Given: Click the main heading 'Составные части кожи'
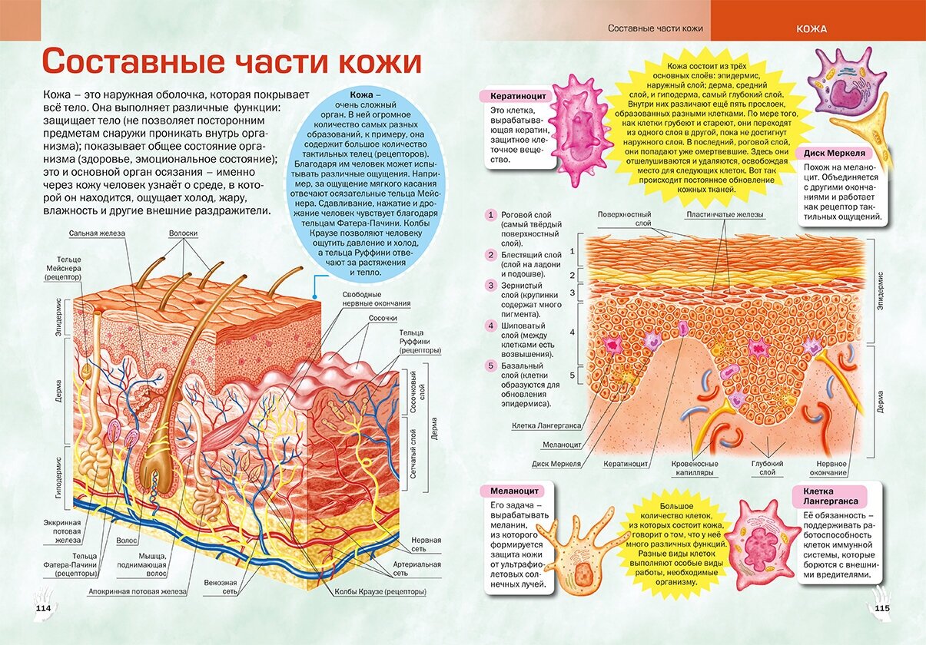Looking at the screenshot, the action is pos(231,61).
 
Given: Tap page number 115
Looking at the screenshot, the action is pos(881,608).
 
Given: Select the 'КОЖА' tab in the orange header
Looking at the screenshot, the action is pos(811,29).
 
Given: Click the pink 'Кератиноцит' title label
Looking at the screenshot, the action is pos(513,97).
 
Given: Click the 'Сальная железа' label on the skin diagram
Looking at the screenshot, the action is pos(96,233).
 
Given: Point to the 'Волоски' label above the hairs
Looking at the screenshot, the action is pos(184,233).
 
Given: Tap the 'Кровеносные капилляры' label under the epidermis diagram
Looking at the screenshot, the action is pos(695,468).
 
